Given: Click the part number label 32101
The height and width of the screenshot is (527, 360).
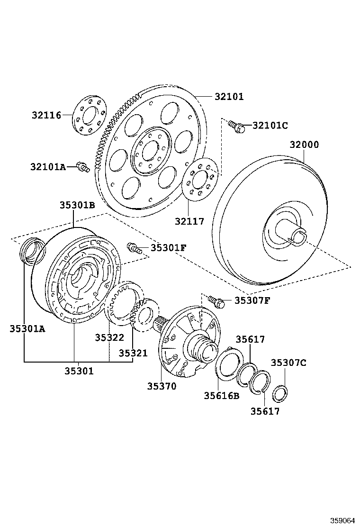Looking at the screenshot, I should coord(229,97).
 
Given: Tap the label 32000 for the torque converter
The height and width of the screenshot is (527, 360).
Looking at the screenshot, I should coord(304,145).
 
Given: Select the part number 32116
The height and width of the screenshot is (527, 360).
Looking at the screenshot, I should coord(47,115).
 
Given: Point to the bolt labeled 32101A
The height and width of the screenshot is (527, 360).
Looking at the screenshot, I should coord(84,166).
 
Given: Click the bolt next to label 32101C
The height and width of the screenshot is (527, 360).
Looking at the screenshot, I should coord(236,126).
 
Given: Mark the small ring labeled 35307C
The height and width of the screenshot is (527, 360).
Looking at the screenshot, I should coord(280,393).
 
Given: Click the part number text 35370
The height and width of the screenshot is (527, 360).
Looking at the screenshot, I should coord(161,386).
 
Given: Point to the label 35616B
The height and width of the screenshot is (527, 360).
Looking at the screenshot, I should coord(222,396).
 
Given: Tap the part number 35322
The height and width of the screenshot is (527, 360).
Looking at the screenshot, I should coord(109,337).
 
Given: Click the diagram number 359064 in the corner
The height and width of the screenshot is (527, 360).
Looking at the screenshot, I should coord(342,519).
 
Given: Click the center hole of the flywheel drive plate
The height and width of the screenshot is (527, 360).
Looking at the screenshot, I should coord(148,151).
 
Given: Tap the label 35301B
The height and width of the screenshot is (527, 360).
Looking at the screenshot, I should coord(77,205).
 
